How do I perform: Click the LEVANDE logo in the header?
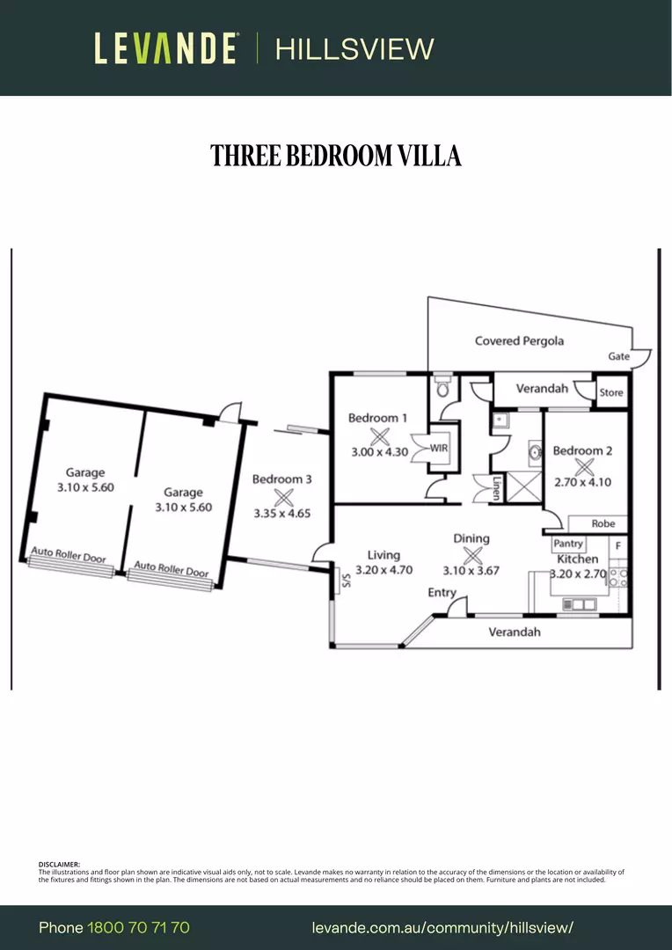click(165, 48)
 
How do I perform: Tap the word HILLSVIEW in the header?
click(355, 49)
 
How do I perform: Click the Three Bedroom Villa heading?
click(336, 156)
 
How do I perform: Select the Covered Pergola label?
click(519, 341)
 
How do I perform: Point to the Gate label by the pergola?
click(618, 356)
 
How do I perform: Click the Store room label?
click(610, 392)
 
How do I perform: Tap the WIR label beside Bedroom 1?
click(439, 449)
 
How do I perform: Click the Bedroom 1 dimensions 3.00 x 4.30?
click(379, 451)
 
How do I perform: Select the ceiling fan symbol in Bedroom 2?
click(584, 466)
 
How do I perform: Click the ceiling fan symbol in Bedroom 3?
click(283, 497)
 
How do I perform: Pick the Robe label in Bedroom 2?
click(603, 523)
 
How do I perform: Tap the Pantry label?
click(568, 544)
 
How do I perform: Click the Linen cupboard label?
click(496, 487)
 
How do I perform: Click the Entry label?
click(442, 593)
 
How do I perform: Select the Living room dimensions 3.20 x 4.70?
click(383, 569)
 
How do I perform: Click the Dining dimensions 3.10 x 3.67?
click(471, 570)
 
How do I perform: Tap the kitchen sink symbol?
click(580, 604)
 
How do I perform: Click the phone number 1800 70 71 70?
click(139, 928)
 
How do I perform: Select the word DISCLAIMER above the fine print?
click(59, 865)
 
